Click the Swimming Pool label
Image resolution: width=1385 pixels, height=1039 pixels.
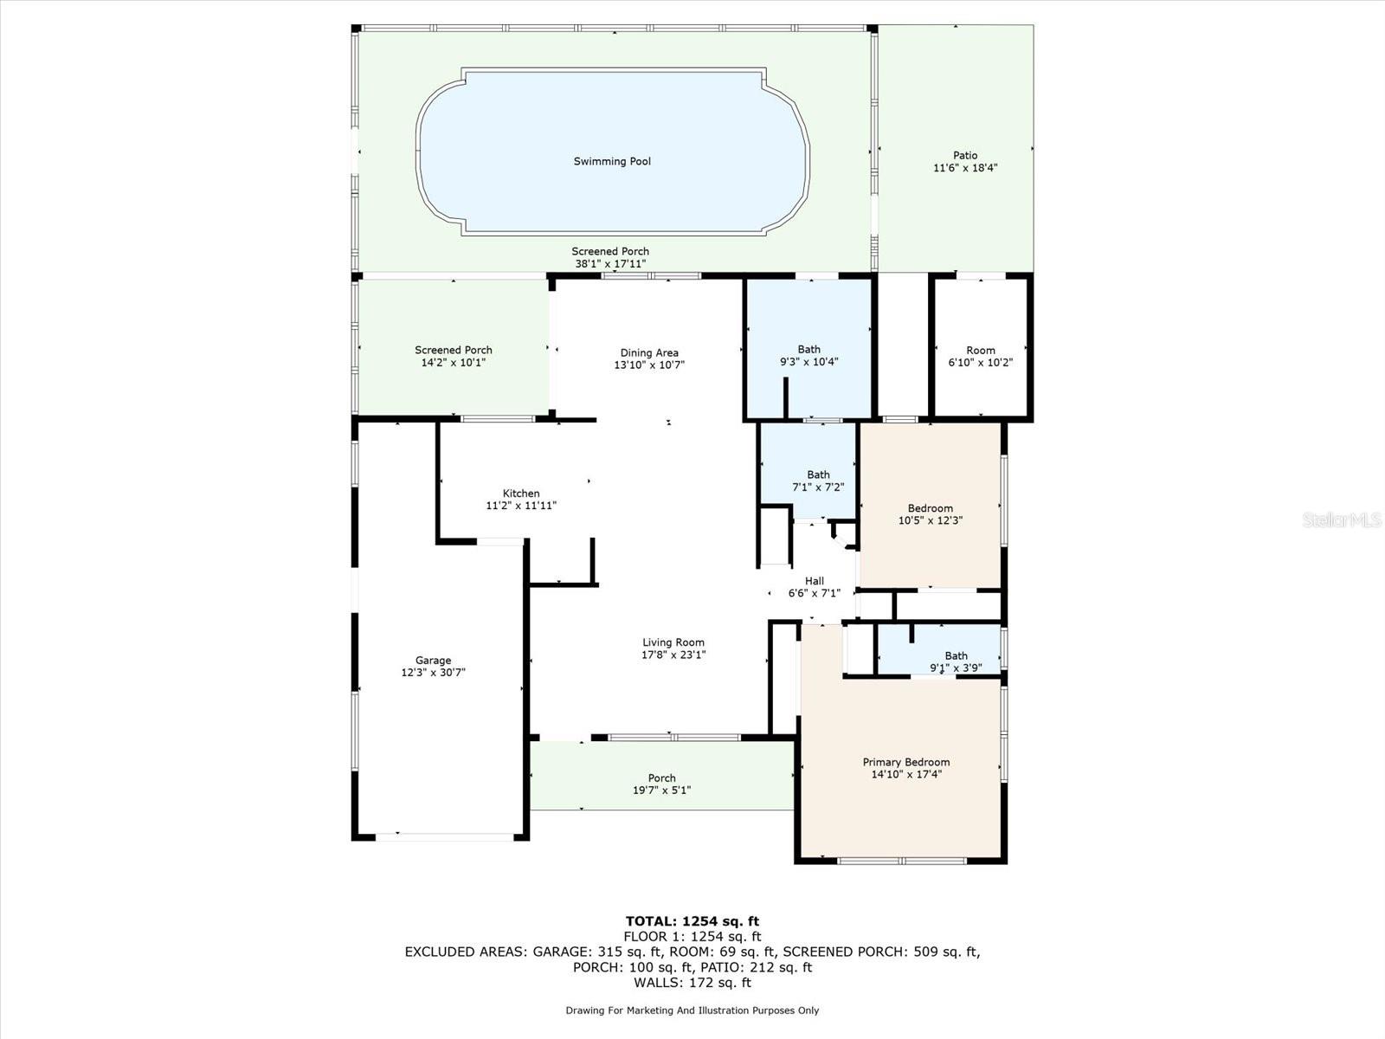coord(612,162)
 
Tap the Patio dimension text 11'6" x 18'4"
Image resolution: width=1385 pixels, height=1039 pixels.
coord(965,168)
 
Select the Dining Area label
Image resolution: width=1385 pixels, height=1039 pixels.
coord(649,352)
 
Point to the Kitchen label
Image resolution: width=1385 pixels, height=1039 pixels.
coord(521,494)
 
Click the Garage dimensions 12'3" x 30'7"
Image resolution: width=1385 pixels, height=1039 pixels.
coord(434,673)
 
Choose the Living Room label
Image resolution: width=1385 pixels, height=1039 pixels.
coord(673,642)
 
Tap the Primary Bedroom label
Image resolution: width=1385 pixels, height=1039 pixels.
coord(906,762)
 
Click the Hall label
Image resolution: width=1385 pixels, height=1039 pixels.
coord(815,581)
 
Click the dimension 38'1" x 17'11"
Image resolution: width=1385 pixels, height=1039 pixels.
coord(610,264)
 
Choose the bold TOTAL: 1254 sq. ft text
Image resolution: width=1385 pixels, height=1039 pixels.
coord(692,921)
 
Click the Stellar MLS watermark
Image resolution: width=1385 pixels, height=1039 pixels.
coord(1342,519)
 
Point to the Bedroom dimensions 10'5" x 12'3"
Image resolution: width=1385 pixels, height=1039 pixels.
coord(931,520)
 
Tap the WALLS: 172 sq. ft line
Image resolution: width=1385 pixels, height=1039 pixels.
coord(692,982)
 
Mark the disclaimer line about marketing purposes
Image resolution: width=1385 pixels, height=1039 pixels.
coord(692,1010)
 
